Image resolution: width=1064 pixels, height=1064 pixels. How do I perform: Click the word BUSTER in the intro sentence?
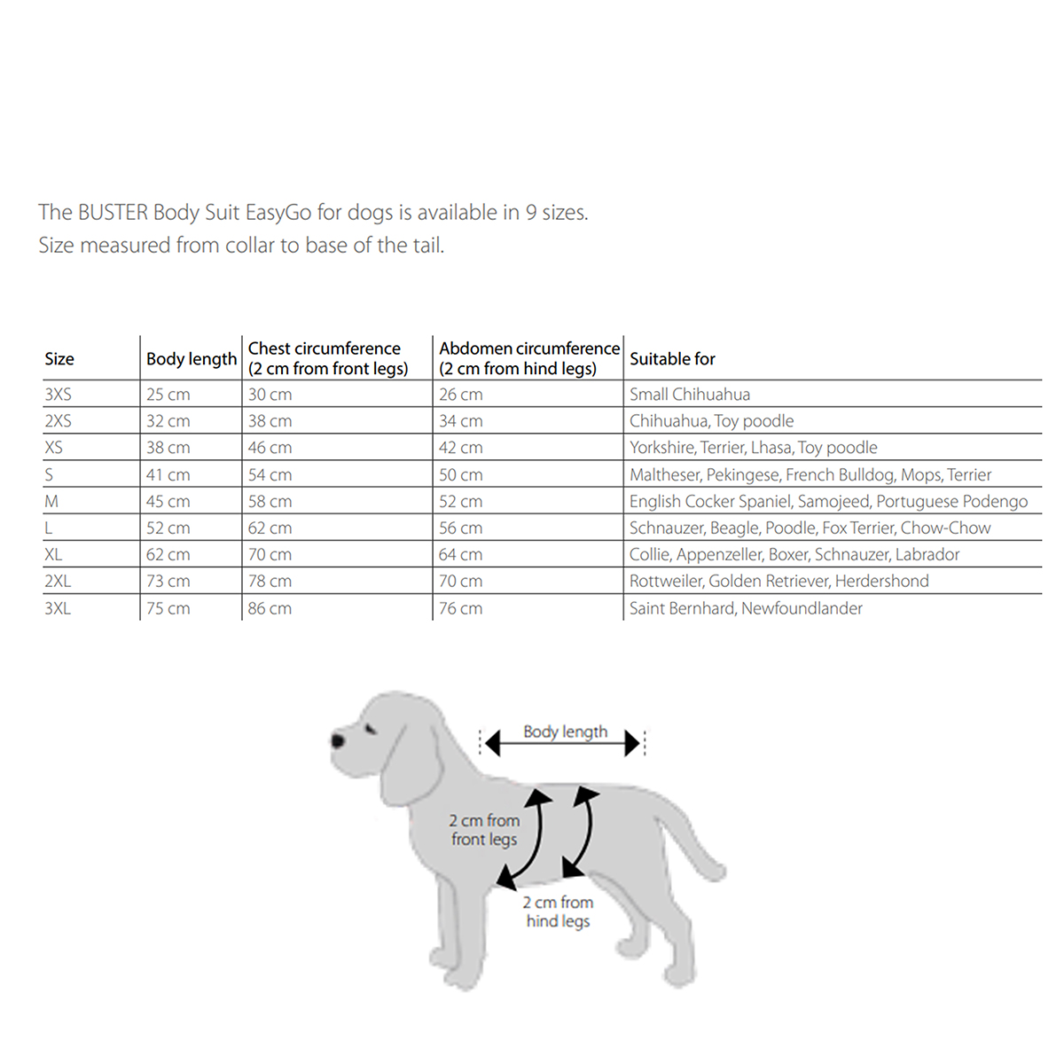[x=113, y=213]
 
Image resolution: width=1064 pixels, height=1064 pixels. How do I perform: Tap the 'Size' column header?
[x=59, y=359]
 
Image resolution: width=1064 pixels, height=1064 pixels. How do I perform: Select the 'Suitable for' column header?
[x=672, y=359]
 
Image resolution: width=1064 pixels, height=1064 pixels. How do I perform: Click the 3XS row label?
[x=58, y=395]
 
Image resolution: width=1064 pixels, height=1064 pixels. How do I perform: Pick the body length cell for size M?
[x=168, y=502]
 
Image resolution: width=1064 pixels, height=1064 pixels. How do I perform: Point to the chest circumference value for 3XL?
[x=270, y=609]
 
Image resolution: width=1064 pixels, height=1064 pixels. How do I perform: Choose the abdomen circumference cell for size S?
[x=460, y=475]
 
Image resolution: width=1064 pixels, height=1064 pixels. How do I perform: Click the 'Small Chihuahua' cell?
[x=689, y=395]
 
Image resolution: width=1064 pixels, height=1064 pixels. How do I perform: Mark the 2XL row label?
[x=58, y=582]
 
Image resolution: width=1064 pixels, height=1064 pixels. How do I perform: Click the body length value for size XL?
[x=168, y=555]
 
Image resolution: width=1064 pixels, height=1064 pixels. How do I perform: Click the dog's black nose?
[x=338, y=739]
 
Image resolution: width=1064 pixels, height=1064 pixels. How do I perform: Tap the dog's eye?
[x=370, y=729]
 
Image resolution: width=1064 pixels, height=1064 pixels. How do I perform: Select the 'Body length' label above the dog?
[x=565, y=731]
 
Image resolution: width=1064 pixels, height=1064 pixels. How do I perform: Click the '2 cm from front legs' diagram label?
[x=483, y=830]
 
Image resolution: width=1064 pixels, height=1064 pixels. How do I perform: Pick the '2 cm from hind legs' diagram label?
[x=558, y=911]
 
